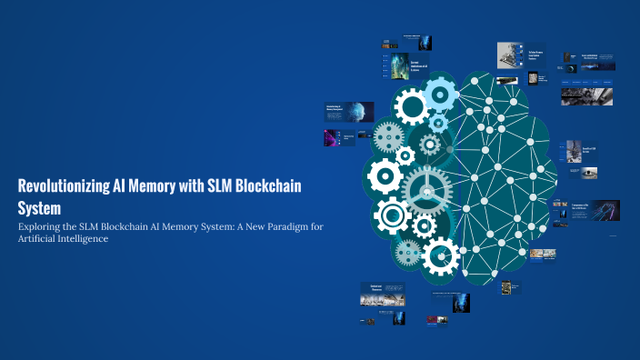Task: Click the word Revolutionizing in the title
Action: point(62,185)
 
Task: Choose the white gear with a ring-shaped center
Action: point(393,215)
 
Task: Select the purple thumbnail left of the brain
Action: point(331,138)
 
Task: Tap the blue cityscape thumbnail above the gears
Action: point(397,66)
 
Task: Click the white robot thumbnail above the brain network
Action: point(507,56)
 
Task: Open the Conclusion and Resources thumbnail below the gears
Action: point(382,294)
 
